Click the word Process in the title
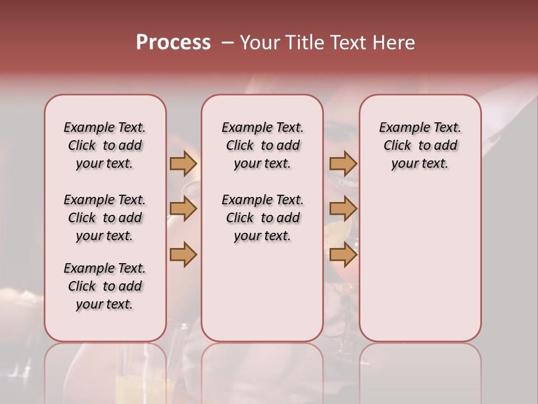pos(173,43)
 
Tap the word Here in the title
pos(393,43)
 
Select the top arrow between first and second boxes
pos(183,163)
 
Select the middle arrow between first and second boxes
pos(183,209)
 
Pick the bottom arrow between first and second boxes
pos(183,255)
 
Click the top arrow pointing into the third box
pos(343,163)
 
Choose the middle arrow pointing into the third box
pos(343,209)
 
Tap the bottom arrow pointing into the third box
pos(343,255)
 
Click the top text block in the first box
pos(105,145)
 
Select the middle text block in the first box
pos(105,218)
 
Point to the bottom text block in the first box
pos(105,286)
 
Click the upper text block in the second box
pos(262,145)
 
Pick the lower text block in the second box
pos(262,218)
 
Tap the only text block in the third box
pos(420,145)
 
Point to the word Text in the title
pos(347,43)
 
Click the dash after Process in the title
pos(227,43)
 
